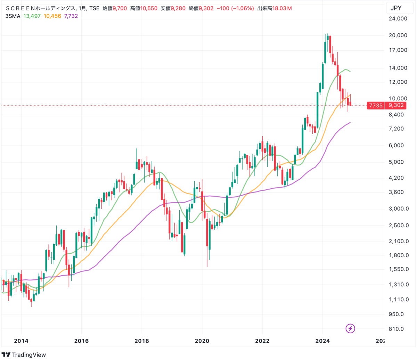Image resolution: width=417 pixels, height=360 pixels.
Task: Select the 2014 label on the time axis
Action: click(21, 341)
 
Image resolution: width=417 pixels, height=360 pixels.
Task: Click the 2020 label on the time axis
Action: click(202, 341)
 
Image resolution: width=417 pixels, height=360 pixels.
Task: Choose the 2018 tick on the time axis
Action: click(142, 341)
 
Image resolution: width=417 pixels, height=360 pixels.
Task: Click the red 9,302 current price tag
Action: click(396, 106)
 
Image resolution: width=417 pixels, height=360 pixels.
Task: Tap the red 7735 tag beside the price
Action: click(376, 106)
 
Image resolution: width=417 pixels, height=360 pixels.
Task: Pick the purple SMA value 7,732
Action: click(71, 16)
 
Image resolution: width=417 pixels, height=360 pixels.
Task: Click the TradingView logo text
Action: click(28, 355)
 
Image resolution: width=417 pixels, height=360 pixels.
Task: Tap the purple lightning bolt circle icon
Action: click(350, 328)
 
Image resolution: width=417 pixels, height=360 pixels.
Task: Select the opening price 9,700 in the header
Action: click(120, 8)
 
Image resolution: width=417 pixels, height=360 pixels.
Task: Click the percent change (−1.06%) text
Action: click(242, 8)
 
